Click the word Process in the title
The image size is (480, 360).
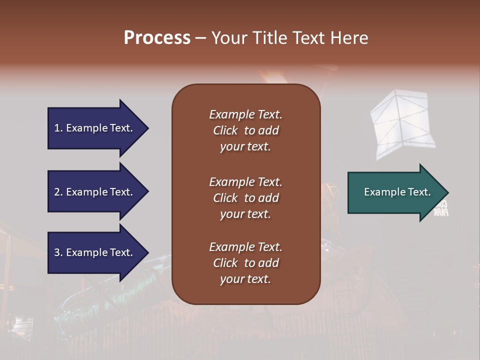coord(157,37)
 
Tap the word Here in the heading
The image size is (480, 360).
coord(349,37)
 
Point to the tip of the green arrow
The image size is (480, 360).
coord(447,192)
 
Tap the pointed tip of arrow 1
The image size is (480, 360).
coord(147,128)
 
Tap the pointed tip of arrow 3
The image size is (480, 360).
coord(147,252)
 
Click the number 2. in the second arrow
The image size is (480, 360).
coord(58,192)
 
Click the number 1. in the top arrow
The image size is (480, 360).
coord(58,128)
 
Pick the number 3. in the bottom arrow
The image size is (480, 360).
coord(58,252)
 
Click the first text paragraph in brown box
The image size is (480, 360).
coord(245,130)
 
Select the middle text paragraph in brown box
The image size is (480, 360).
coord(245,198)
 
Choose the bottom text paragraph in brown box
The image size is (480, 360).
coord(245,263)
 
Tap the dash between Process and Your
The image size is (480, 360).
coord(200,38)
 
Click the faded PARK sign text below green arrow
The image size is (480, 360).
coord(440,212)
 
